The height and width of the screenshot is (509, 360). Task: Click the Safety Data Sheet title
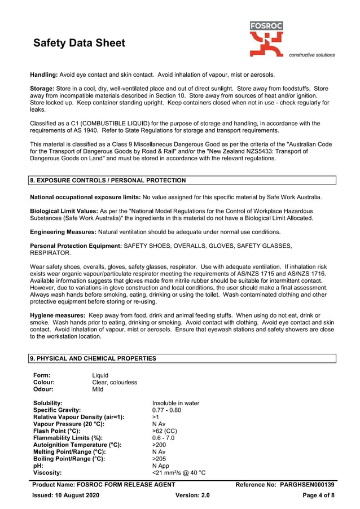[x=80, y=43]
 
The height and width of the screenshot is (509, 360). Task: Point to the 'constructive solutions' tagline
[x=311, y=55]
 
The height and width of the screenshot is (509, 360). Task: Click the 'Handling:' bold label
[x=44, y=74]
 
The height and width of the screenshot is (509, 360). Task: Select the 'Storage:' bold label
[x=43, y=89]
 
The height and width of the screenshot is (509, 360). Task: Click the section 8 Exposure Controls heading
[x=108, y=181]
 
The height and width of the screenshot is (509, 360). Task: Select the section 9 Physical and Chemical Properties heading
[x=93, y=358]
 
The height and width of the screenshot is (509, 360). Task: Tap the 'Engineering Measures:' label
[x=63, y=232]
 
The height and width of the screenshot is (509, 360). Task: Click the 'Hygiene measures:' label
[x=56, y=315]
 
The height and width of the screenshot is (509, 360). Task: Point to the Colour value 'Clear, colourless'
[x=115, y=382]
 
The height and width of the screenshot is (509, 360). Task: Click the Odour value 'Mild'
[x=98, y=389]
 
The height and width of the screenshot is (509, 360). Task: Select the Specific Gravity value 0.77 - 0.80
[x=166, y=410]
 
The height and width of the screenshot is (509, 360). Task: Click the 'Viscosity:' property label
[x=47, y=472]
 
